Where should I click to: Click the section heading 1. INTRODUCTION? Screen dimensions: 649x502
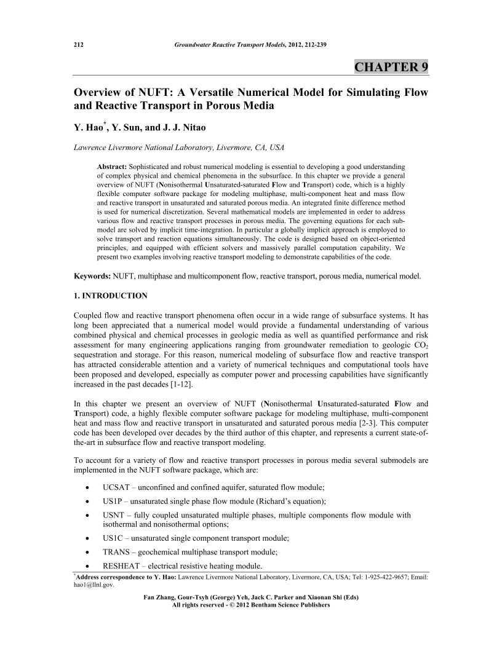111,296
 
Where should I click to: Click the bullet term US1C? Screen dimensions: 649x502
114,538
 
